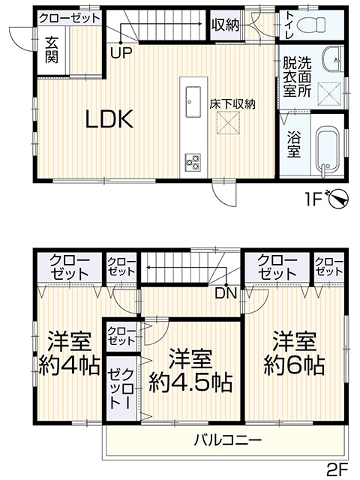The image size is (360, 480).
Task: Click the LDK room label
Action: click(x=109, y=119)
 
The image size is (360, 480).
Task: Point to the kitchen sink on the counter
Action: click(x=193, y=102)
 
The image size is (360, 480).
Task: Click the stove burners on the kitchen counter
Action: click(x=193, y=163)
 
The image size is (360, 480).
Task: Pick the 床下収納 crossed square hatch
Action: click(x=228, y=123)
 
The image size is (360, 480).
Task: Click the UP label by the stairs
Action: click(x=121, y=53)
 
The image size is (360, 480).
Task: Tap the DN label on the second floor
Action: click(x=226, y=293)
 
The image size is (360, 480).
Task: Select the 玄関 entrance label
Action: click(x=52, y=50)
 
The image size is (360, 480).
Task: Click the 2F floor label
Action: click(x=337, y=469)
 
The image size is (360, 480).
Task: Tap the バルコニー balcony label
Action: click(x=228, y=440)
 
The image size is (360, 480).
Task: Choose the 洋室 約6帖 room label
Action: click(x=294, y=353)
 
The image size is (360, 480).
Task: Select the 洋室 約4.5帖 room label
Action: click(x=190, y=370)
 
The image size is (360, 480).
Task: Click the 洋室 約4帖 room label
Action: click(x=70, y=353)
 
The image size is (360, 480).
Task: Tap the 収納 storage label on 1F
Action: click(x=225, y=25)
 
